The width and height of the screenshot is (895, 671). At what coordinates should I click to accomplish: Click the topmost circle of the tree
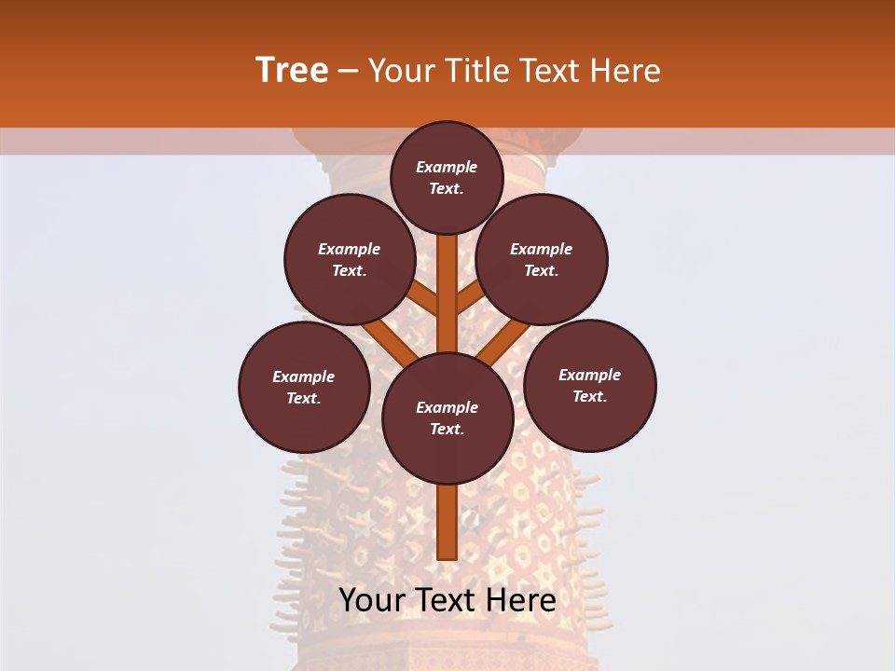pyautogui.click(x=447, y=178)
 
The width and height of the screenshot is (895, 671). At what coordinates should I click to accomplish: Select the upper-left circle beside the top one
pyautogui.click(x=350, y=260)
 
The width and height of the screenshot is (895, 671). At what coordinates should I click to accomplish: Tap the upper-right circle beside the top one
pyautogui.click(x=542, y=260)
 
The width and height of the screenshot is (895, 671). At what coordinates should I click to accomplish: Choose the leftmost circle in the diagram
pyautogui.click(x=304, y=388)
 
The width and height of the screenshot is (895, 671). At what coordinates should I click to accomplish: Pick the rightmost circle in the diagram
pyautogui.click(x=590, y=386)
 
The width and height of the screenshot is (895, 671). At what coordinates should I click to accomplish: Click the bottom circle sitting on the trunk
pyautogui.click(x=447, y=418)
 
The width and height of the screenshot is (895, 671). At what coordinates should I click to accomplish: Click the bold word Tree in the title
pyautogui.click(x=292, y=71)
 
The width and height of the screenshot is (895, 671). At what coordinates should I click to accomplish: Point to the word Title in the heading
pyautogui.click(x=476, y=71)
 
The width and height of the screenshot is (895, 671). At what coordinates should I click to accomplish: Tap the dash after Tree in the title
pyautogui.click(x=349, y=71)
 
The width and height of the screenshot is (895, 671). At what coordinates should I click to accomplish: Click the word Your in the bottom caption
pyautogui.click(x=371, y=600)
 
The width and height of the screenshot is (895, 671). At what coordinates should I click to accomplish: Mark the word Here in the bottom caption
pyautogui.click(x=521, y=600)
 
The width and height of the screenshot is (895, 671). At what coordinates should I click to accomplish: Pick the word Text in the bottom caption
pyautogui.click(x=447, y=600)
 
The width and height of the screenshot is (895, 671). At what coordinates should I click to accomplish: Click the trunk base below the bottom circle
pyautogui.click(x=447, y=527)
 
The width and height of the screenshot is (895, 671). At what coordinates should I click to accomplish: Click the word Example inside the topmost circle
pyautogui.click(x=447, y=168)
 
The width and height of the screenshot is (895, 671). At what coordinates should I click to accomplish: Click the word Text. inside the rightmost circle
pyautogui.click(x=590, y=397)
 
